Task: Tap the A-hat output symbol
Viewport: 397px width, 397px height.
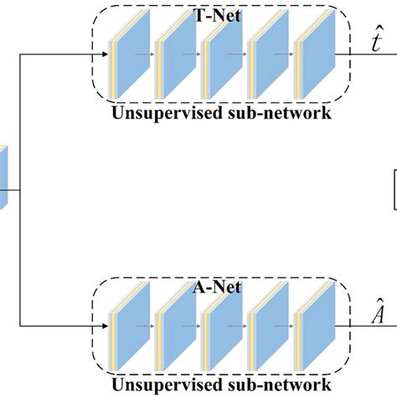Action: (369, 317)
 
